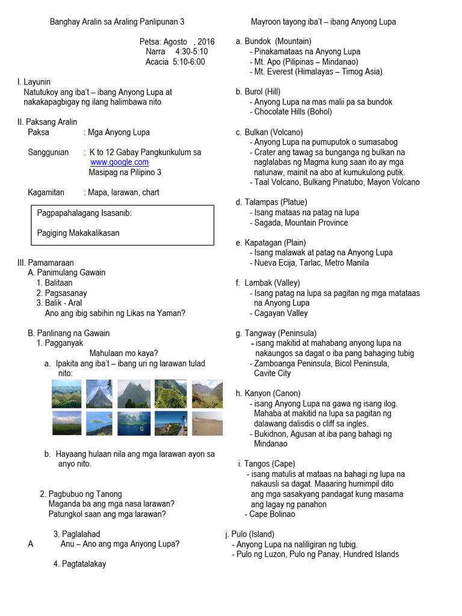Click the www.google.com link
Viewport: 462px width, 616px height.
coord(119,162)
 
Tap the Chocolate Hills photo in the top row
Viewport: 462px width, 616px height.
coord(67,394)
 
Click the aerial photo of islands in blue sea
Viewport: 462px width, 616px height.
coord(135,424)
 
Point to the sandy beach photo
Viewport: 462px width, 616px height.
coord(207,424)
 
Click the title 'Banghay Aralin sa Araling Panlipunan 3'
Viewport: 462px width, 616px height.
coord(117,22)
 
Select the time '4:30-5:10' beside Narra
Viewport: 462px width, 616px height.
coord(191,52)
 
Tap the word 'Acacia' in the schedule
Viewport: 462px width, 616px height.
coord(158,61)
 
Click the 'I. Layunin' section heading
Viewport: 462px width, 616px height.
coord(34,82)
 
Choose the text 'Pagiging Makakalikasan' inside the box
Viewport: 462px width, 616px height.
coord(78,233)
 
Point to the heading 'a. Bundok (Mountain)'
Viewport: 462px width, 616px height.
coord(274,42)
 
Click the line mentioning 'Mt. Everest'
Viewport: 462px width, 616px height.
coord(316,72)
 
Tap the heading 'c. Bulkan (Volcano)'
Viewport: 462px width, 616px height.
coord(269,132)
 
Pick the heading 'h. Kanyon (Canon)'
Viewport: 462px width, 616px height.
coord(269,393)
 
